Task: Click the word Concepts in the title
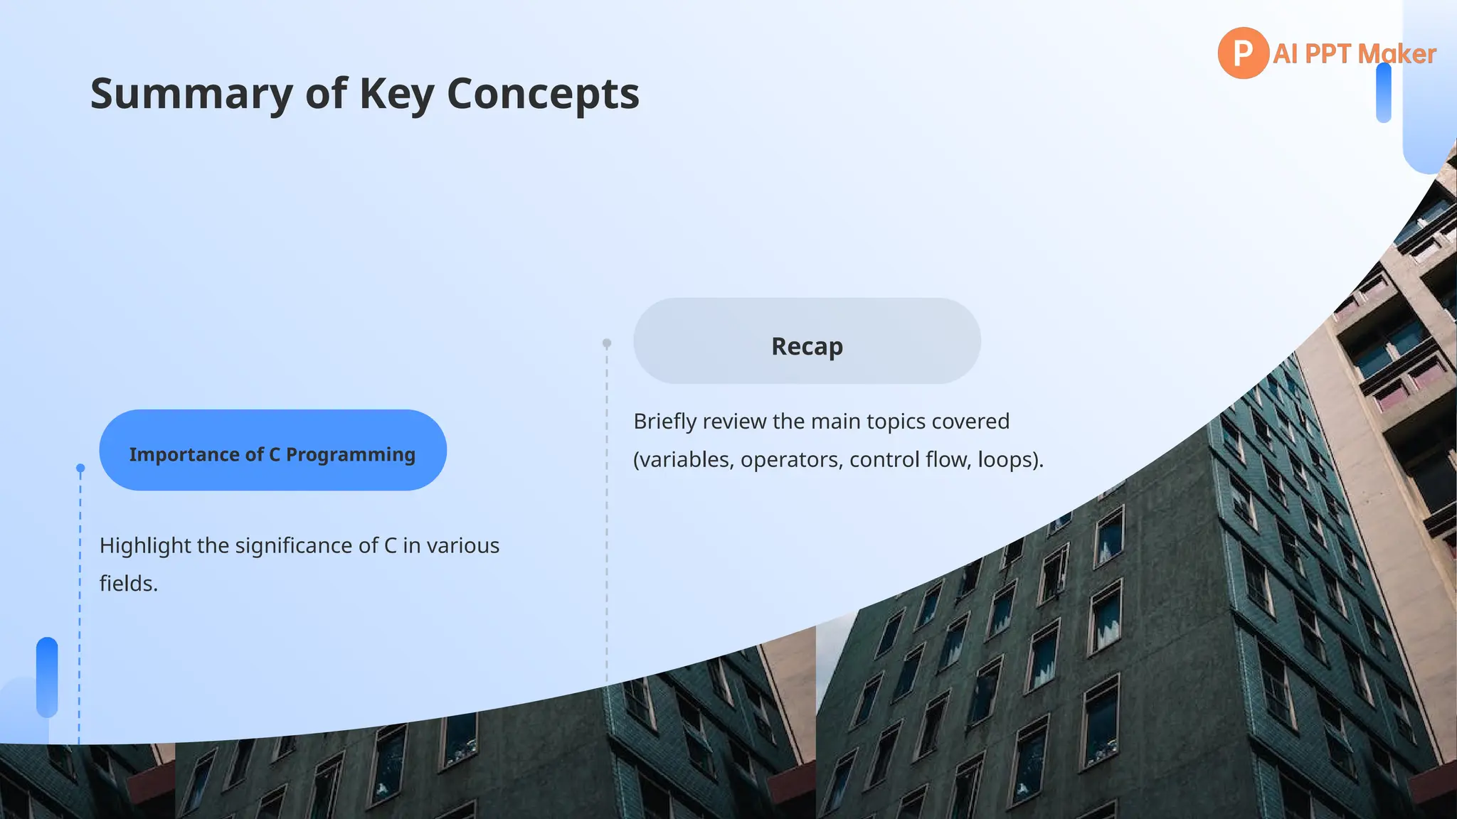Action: tap(543, 94)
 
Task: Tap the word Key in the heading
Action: tap(396, 94)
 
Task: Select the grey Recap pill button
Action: tap(807, 341)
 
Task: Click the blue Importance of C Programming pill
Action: tap(272, 450)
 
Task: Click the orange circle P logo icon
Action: tap(1242, 53)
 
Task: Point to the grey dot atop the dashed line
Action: tap(607, 343)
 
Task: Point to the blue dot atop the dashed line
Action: tap(80, 469)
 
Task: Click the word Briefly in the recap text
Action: tap(664, 422)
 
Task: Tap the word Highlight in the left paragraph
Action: tap(145, 546)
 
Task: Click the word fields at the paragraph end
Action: tap(127, 584)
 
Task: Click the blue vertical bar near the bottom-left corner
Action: tap(47, 677)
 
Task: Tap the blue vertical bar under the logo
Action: tap(1383, 93)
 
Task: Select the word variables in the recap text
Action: tap(685, 460)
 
